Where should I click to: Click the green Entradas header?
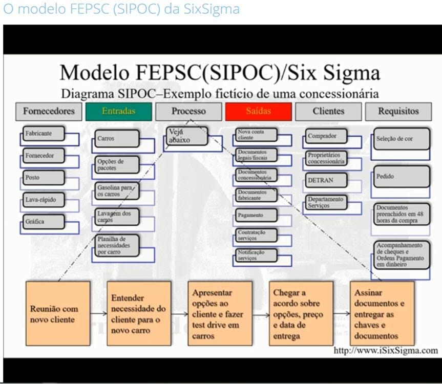tap(119, 111)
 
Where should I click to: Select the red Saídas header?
tap(258, 111)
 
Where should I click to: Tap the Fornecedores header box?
tap(49, 111)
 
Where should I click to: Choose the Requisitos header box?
tap(398, 111)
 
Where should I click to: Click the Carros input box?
tap(117, 138)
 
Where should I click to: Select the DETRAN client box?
tap(326, 180)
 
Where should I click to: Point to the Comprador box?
tap(326, 136)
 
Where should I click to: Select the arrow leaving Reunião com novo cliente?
tap(98, 314)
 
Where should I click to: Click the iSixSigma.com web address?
tap(386, 351)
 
